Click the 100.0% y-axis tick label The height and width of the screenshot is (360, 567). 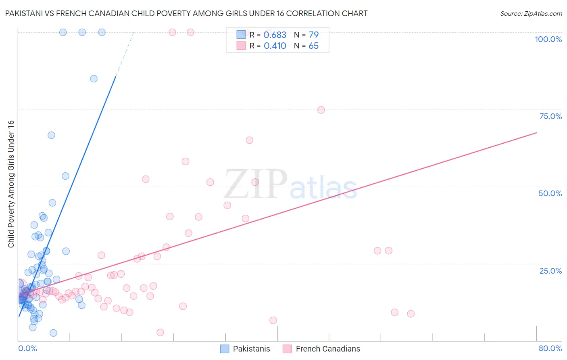click(548, 39)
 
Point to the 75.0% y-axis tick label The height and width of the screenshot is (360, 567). click(550, 116)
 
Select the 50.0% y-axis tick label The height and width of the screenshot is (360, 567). click(550, 193)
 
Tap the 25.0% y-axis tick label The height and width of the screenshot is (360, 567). click(550, 271)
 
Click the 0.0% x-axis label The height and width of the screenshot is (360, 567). click(27, 348)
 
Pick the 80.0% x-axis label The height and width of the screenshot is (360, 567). click(550, 348)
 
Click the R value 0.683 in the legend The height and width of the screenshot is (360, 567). click(275, 35)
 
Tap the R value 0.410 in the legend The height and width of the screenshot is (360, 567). click(275, 46)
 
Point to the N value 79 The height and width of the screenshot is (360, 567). click(313, 35)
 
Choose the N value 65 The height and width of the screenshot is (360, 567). click(313, 46)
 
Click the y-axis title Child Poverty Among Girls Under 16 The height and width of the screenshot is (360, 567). click(11, 184)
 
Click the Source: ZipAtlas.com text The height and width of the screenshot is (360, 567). click(531, 14)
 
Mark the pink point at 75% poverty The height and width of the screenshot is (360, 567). click(321, 110)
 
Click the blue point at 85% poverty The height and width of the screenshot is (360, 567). click(94, 79)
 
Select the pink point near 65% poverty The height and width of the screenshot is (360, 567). click(249, 140)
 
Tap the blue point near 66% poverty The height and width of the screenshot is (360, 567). click(51, 135)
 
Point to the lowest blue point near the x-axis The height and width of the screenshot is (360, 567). click(53, 333)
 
